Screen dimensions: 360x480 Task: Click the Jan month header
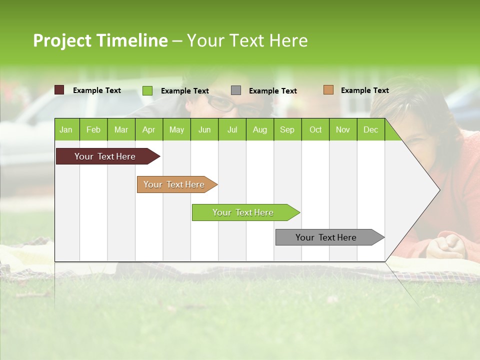coord(66,129)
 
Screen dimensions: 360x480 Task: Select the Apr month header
coord(148,129)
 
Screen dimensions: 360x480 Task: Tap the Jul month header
coord(232,129)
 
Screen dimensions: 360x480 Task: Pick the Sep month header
coord(287,129)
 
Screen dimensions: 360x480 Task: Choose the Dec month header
coord(370,129)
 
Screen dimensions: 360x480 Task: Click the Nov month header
coord(342,129)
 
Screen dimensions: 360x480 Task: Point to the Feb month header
coord(93,129)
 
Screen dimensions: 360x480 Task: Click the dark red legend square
coord(59,90)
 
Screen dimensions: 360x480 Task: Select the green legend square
coord(147,90)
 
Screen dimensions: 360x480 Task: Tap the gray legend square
coord(236,90)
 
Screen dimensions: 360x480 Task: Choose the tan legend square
coord(328,90)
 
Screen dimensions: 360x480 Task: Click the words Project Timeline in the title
coord(100,40)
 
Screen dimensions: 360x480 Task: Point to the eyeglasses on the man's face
coord(223,102)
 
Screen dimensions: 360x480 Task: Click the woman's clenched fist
coord(447,245)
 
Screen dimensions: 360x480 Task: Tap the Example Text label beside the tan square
coord(364,90)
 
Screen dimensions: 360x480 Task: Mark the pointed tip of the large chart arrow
coord(439,190)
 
